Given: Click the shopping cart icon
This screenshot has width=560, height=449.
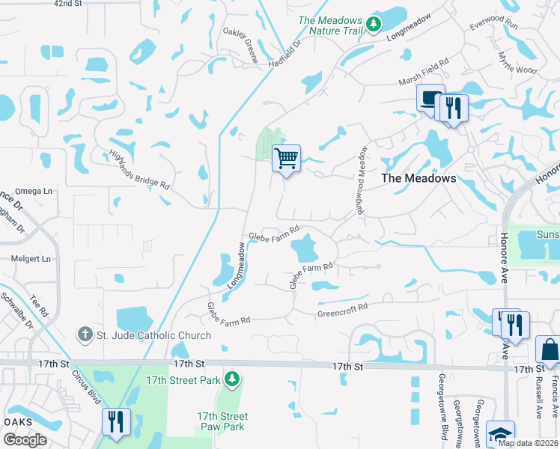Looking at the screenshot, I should [286, 159].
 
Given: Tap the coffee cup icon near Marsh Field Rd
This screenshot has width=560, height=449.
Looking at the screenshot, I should [430, 99].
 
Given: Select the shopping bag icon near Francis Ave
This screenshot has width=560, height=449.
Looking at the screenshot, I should [549, 350].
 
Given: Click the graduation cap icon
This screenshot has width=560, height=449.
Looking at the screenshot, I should [500, 435].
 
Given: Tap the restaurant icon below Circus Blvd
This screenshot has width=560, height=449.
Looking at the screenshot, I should [116, 422].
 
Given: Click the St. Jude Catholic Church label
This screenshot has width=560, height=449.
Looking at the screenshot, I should [154, 335].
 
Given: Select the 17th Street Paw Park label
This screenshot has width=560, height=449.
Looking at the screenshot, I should [222, 422].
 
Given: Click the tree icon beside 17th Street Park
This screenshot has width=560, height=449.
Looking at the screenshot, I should [232, 379].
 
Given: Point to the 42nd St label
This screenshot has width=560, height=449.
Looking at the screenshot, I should [67, 4].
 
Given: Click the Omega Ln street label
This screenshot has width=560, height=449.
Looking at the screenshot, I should [36, 191].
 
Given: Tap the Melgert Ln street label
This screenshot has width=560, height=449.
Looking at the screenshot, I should [31, 259].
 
